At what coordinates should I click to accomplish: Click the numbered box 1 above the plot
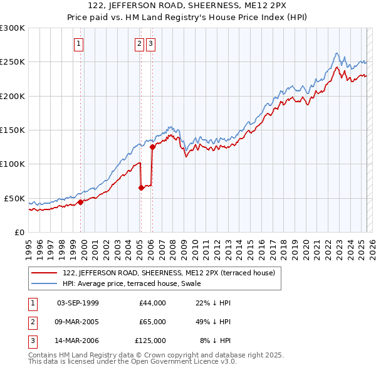click(x=78, y=44)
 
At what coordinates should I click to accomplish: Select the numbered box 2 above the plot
click(x=138, y=44)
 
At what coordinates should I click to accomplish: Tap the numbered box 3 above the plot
click(x=151, y=44)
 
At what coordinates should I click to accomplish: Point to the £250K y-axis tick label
click(x=12, y=62)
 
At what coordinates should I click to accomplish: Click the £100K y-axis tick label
click(x=12, y=164)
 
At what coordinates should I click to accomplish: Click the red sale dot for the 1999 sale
click(x=80, y=202)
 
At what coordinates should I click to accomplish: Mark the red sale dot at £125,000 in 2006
click(x=152, y=147)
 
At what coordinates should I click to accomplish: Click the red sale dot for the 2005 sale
click(x=141, y=188)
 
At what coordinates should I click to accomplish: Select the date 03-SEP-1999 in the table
click(x=78, y=303)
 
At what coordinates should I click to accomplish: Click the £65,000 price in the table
click(x=153, y=322)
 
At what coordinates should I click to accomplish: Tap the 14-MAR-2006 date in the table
click(x=78, y=341)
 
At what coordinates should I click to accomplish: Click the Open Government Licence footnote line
click(x=133, y=362)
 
